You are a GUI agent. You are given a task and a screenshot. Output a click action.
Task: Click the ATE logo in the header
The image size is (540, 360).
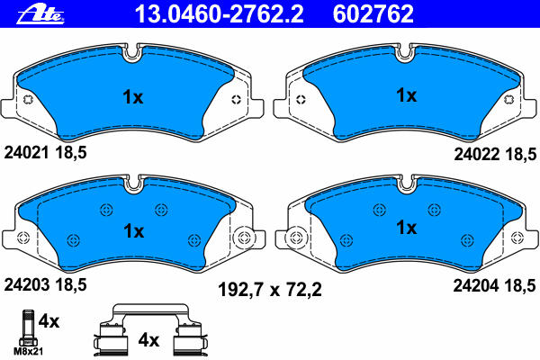tap(40, 14)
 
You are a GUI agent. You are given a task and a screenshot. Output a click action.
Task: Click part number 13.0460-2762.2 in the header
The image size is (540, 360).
tap(220, 14)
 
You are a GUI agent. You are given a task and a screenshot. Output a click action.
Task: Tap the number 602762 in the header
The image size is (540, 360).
tap(373, 14)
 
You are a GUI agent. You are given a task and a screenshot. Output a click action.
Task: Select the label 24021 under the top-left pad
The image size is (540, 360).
tap(26, 152)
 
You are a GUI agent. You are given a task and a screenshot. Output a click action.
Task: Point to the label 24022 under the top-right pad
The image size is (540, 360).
tap(477, 154)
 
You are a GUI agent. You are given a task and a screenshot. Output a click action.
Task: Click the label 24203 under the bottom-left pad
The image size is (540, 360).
tap(26, 285)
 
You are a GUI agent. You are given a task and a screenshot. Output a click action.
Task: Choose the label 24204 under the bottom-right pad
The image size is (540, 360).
tap(476, 285)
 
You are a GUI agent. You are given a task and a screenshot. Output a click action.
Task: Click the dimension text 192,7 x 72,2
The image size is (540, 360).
tap(270, 290)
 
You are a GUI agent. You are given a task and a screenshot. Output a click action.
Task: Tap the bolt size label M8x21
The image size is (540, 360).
tap(28, 351)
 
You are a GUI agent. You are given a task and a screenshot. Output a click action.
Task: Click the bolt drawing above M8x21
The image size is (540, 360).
tap(28, 328)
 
